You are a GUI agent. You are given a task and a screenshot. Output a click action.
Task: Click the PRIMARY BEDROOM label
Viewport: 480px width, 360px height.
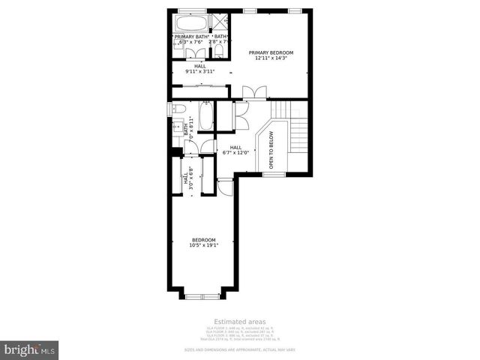271,52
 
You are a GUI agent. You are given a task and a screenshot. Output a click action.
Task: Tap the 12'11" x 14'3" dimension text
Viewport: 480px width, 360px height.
271,58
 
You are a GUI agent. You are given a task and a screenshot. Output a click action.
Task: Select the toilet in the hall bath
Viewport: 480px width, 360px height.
178,109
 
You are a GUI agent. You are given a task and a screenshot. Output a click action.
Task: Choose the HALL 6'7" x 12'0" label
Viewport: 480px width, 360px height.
235,150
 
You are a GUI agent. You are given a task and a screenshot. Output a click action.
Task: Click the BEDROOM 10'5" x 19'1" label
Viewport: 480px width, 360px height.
204,242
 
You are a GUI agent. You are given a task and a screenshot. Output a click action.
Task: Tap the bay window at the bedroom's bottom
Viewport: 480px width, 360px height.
202,296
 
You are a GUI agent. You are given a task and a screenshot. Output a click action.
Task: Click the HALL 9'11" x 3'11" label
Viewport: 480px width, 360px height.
200,69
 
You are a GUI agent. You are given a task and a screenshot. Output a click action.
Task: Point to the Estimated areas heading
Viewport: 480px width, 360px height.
240,321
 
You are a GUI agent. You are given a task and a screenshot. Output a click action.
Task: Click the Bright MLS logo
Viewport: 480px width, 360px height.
30,349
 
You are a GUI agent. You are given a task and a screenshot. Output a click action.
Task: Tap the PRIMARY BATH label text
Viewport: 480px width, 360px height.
192,36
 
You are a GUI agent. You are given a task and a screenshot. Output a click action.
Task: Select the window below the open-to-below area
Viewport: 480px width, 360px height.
273,175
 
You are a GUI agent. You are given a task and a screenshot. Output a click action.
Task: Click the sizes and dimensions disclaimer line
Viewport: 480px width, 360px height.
240,349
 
